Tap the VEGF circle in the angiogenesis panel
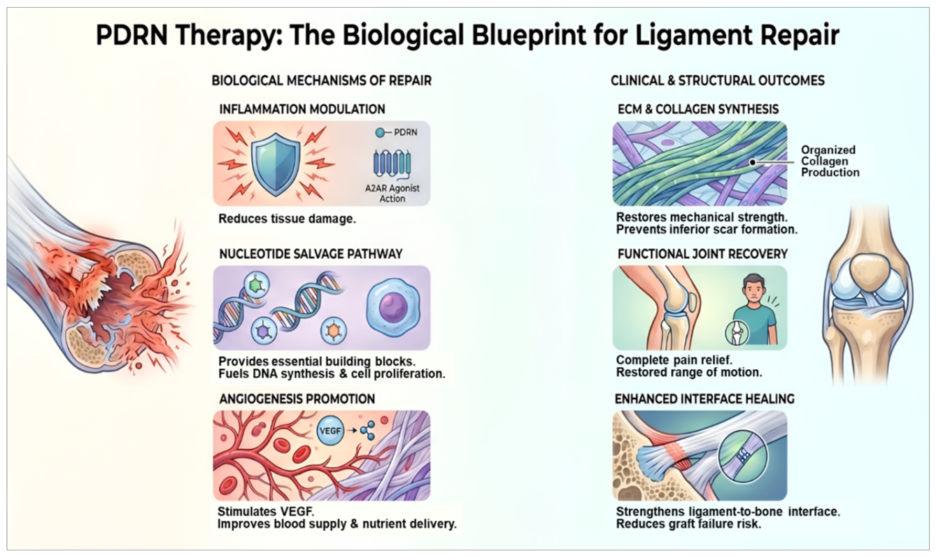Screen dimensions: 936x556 330,430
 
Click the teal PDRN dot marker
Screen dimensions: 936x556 380,132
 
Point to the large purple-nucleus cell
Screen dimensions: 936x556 392,306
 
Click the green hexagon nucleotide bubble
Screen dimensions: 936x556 257,285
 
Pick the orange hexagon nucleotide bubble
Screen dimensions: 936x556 334,330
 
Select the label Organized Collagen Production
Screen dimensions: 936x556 830,161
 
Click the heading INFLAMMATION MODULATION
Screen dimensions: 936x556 302,109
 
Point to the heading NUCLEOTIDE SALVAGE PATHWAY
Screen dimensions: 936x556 311,254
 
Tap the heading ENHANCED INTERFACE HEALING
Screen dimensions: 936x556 704,399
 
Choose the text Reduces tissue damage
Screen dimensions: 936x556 287,219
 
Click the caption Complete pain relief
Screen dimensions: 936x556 674,359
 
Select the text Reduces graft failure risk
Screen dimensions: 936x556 688,523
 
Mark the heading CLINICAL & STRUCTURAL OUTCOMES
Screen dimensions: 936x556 718,80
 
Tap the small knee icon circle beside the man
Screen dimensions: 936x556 737,332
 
